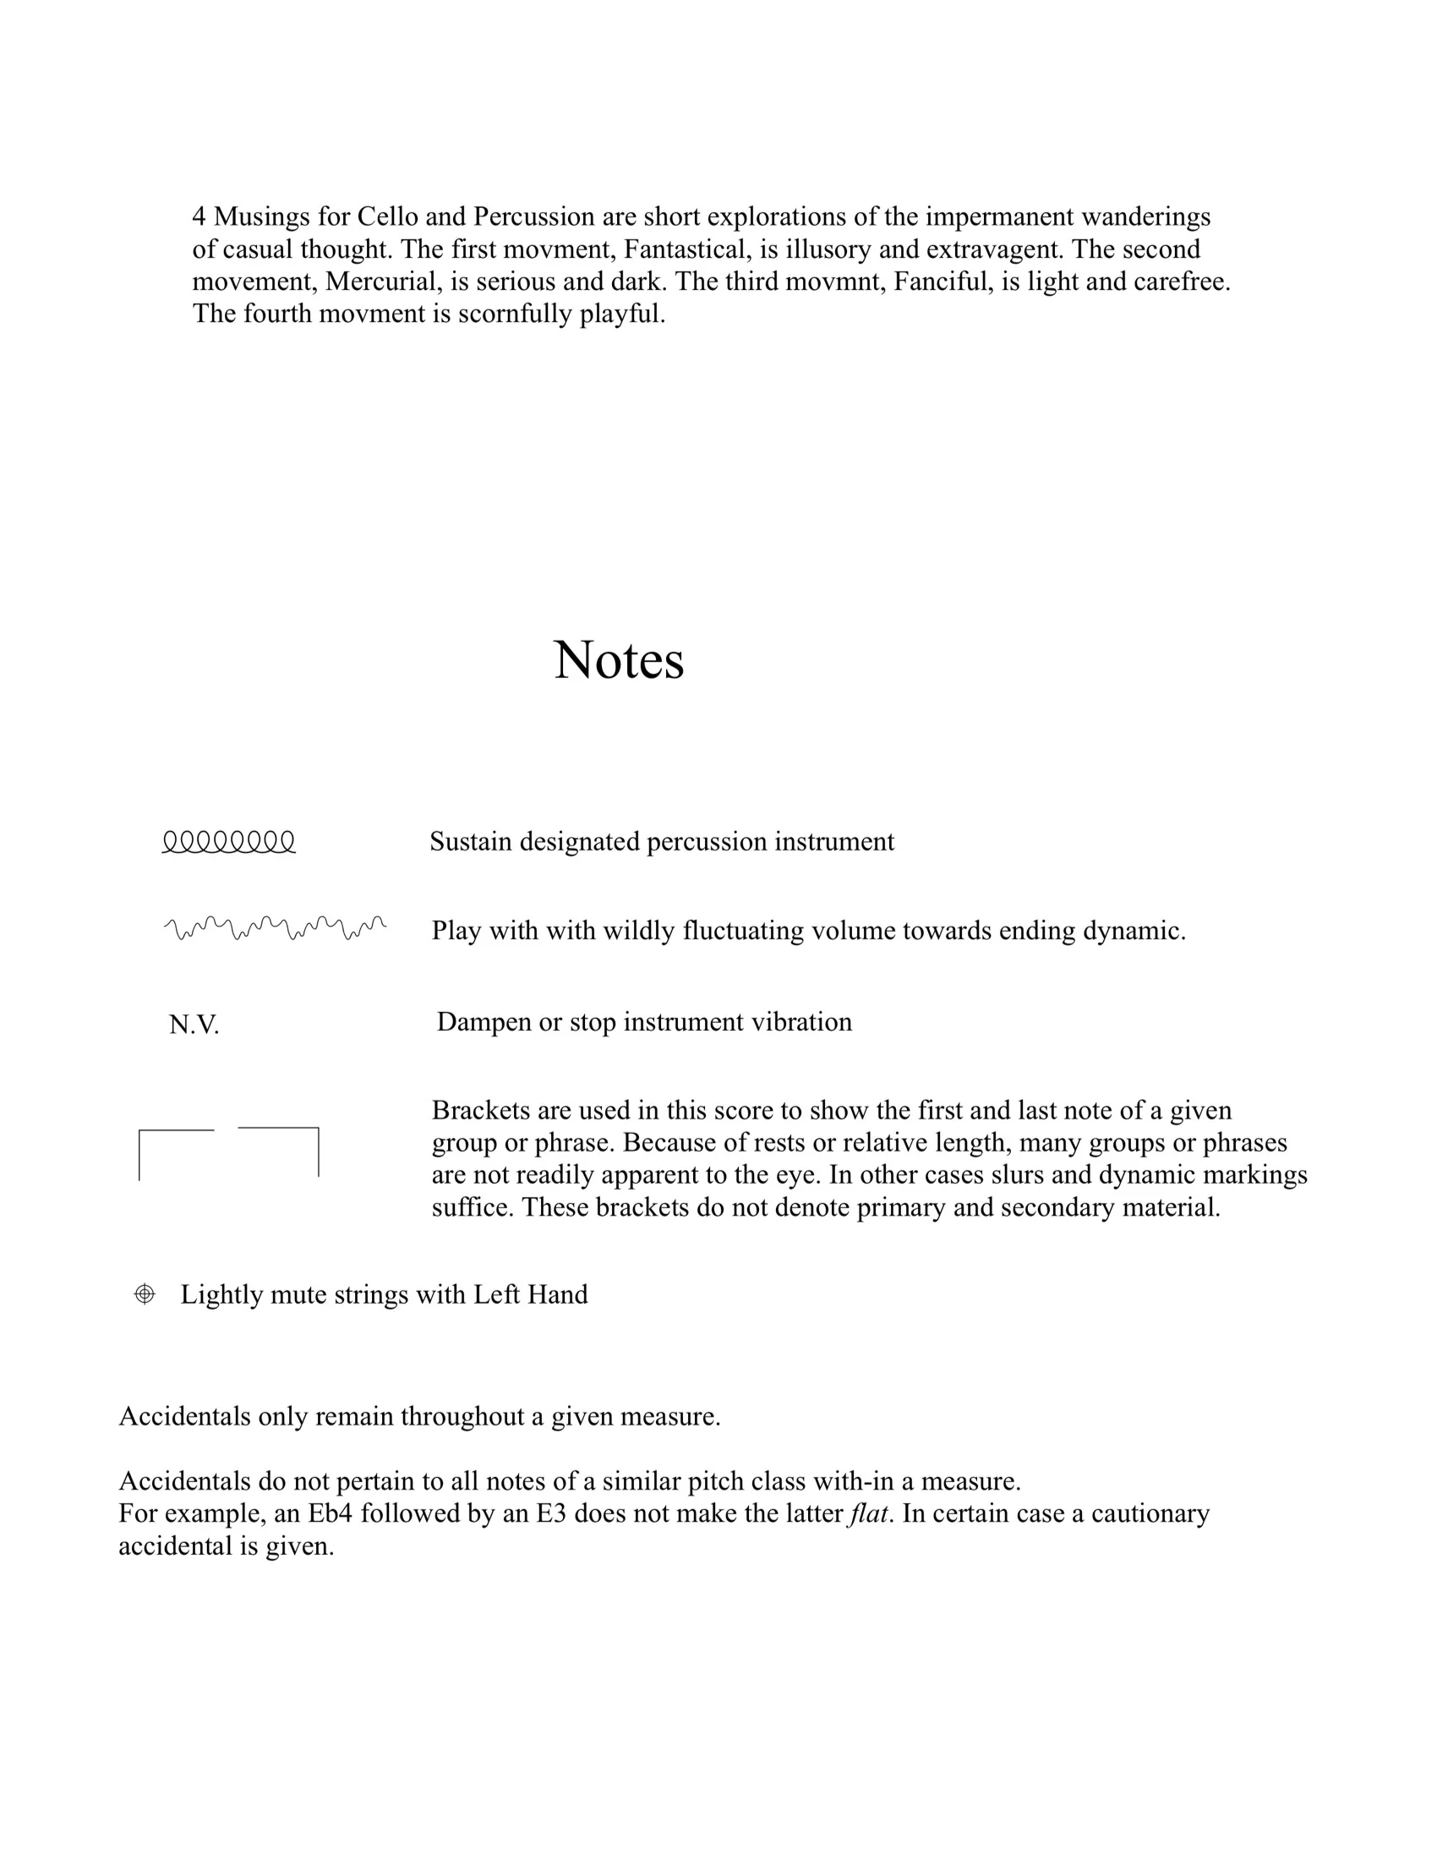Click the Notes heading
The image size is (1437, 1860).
(x=618, y=660)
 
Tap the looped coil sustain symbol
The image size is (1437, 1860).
(x=229, y=842)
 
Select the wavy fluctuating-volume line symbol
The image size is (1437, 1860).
(x=274, y=928)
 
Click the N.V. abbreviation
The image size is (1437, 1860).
(x=194, y=1025)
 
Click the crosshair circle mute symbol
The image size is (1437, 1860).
(x=145, y=1294)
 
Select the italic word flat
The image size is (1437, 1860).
(x=867, y=1514)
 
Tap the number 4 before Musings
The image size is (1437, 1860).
(x=199, y=217)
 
